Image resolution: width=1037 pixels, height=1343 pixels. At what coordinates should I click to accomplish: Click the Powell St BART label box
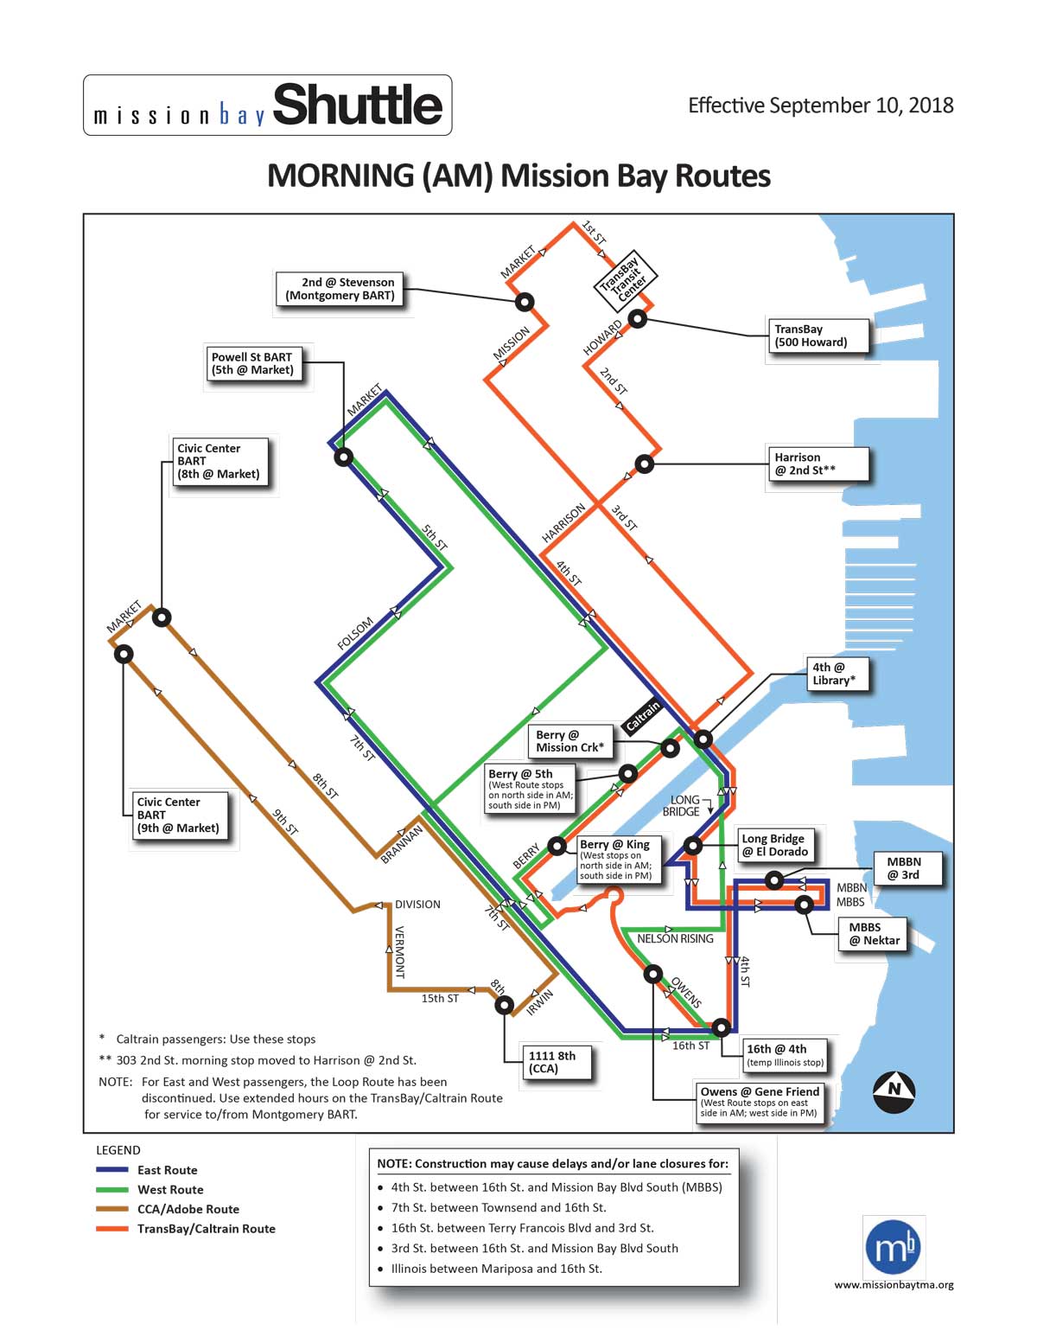[252, 364]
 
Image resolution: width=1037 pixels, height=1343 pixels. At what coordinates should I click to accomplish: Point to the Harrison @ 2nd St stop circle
[644, 464]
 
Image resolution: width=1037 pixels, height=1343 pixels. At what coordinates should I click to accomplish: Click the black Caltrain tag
[642, 717]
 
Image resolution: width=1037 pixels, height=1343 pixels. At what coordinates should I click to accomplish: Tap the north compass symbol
[894, 1090]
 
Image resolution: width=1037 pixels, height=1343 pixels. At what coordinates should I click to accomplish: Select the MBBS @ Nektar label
[873, 934]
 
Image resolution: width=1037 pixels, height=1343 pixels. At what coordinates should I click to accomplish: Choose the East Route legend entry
[167, 1170]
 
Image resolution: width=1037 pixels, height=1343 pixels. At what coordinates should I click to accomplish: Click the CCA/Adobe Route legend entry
[188, 1209]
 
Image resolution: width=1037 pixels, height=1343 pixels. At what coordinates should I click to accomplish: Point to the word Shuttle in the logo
[358, 106]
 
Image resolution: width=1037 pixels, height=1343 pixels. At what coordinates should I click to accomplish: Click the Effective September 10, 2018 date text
[820, 106]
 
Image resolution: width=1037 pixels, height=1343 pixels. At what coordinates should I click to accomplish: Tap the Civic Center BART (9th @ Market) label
[179, 815]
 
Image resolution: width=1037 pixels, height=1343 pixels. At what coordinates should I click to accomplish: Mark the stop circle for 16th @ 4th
[721, 1027]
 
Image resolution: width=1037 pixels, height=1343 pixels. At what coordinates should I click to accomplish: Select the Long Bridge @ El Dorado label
[774, 845]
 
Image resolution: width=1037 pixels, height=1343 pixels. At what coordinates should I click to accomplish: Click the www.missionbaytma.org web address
[894, 1285]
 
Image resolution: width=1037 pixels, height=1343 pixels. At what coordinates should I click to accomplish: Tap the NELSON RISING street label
[675, 938]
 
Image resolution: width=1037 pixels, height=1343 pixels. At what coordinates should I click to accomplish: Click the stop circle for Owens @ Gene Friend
[652, 975]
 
